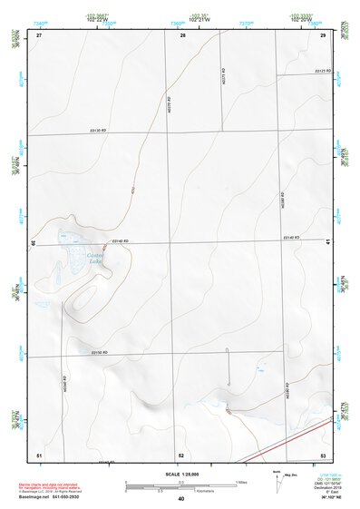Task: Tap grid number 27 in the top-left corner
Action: coord(39,34)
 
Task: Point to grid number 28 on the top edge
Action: coord(183,34)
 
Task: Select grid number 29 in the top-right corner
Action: coord(324,34)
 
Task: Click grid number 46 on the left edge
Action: coord(34,243)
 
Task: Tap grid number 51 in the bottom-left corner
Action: coord(39,454)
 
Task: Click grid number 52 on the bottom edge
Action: coord(181,455)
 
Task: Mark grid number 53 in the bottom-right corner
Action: coord(323,455)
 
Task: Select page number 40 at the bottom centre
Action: coord(181,498)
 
